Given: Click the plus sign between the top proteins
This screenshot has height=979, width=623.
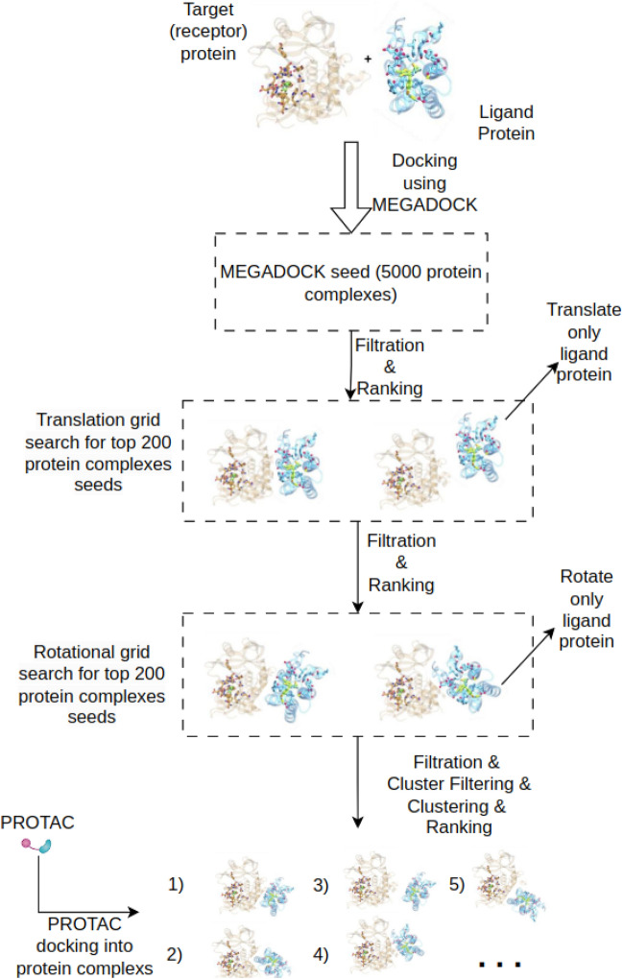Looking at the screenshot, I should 368,59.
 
